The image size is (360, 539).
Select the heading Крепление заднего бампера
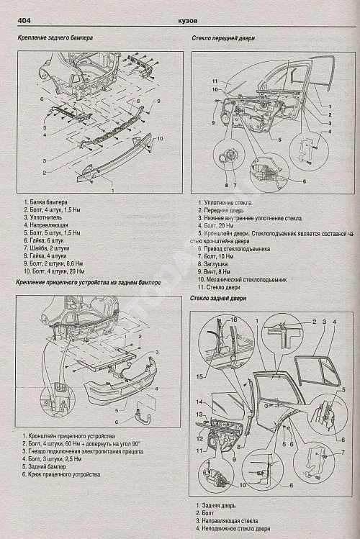tap(53, 37)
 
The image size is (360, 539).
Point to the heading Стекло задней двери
tap(219, 297)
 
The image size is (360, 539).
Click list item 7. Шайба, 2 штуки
tap(51, 246)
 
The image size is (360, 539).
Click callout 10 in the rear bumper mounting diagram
tap(160, 138)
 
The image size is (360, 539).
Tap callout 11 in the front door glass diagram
tap(215, 79)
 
